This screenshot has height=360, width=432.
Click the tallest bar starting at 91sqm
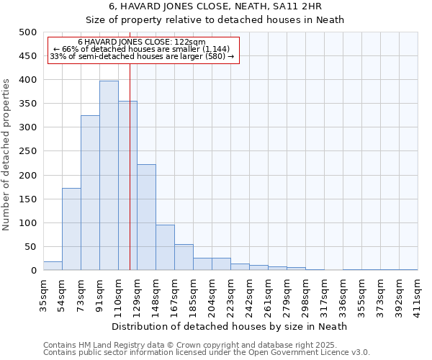tap(109, 176)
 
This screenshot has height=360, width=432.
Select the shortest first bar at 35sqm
tap(53, 266)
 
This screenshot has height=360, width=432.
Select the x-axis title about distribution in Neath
tap(230, 326)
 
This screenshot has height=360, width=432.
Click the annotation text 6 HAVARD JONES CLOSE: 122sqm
tap(142, 42)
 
